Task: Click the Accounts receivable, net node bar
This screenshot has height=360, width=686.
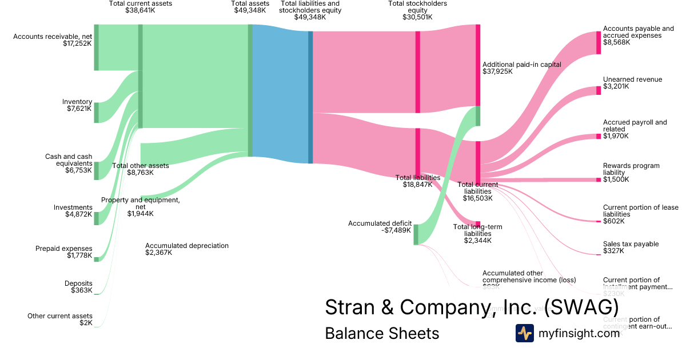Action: [x=96, y=47]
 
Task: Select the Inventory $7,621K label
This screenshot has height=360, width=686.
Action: [x=77, y=106]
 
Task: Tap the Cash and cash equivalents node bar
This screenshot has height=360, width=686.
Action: [x=96, y=170]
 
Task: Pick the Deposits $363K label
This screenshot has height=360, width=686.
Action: [x=78, y=287]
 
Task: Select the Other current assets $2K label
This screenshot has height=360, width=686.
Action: [x=60, y=319]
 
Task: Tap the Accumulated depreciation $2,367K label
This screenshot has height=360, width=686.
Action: [x=186, y=249]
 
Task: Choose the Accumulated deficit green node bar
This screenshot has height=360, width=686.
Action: [x=416, y=234]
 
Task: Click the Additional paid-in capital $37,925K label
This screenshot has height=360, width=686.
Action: [x=521, y=68]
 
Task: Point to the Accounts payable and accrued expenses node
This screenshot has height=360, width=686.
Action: [x=599, y=42]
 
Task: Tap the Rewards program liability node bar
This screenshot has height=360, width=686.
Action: [x=599, y=179]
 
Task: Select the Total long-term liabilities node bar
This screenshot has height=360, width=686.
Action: [x=478, y=223]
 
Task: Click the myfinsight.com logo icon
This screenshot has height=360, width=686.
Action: [x=524, y=333]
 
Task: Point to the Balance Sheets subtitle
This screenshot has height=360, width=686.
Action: [x=382, y=334]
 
